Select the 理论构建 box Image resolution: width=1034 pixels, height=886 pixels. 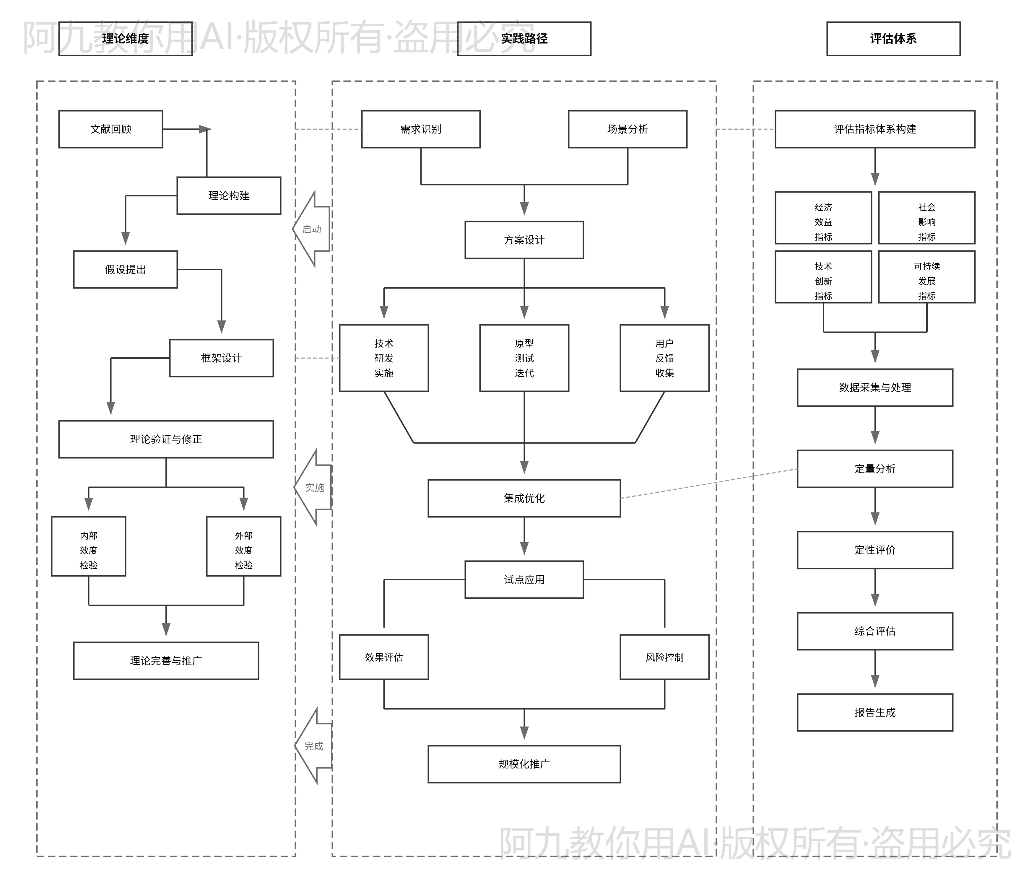[229, 196]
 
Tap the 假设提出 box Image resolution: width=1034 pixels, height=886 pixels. [125, 269]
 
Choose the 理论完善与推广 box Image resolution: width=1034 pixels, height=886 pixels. [166, 660]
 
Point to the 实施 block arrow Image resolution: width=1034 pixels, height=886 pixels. [314, 487]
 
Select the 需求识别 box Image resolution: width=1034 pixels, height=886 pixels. [421, 129]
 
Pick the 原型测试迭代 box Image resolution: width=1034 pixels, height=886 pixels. [524, 358]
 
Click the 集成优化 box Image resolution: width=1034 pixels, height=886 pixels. [524, 498]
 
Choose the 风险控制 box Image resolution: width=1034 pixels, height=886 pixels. [664, 657]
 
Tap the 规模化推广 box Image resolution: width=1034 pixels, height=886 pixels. [524, 764]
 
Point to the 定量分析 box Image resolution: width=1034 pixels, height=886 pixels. [875, 468]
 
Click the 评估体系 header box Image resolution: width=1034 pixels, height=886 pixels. [893, 38]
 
